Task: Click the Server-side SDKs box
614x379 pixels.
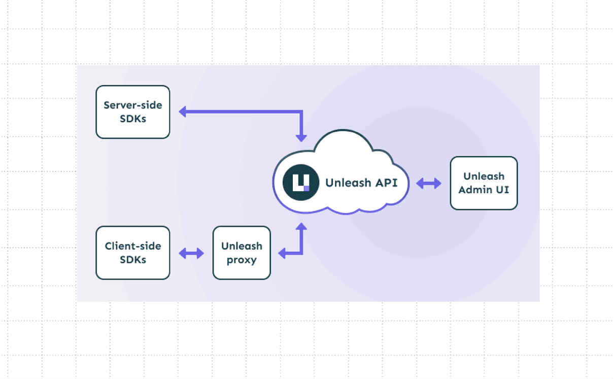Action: (x=132, y=112)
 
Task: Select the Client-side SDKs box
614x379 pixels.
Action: (x=132, y=253)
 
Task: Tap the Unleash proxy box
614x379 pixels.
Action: (x=242, y=253)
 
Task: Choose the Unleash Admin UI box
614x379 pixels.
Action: (x=484, y=183)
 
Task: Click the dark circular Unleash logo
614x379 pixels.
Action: (x=301, y=183)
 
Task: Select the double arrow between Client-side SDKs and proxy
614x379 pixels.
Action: (x=191, y=253)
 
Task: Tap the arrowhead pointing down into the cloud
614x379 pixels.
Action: (x=301, y=137)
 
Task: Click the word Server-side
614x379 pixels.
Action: (x=132, y=105)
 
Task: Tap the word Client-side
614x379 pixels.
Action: (x=132, y=246)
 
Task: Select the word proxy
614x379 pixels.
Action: (x=242, y=260)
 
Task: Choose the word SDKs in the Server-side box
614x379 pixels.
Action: (x=132, y=119)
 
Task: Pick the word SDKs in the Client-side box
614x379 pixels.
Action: (x=132, y=260)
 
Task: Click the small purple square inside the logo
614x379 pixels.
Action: (x=306, y=188)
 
